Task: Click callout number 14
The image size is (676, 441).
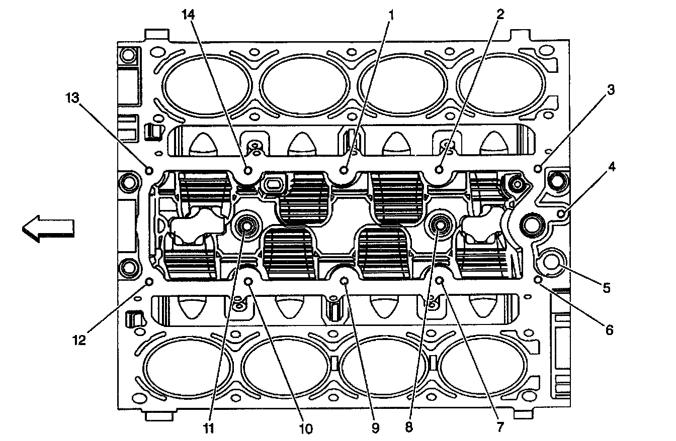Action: coord(188,15)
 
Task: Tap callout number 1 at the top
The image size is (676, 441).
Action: coord(391,15)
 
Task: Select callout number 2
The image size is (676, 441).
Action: coord(500,14)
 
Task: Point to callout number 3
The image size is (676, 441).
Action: coord(611,90)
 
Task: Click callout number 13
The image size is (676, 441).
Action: coord(72,98)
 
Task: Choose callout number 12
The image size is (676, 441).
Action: coord(79,341)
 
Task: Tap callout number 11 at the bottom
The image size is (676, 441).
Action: coord(209,428)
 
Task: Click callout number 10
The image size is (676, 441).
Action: coord(306,428)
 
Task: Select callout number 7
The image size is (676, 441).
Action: coord(500,427)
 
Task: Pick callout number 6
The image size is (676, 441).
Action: coord(609,330)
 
